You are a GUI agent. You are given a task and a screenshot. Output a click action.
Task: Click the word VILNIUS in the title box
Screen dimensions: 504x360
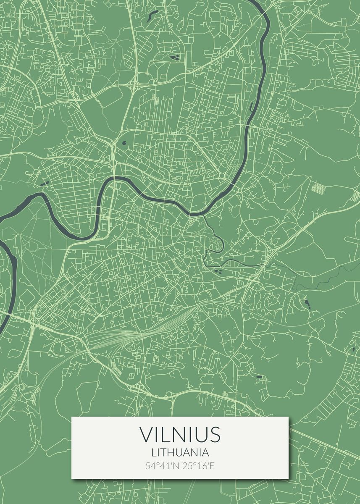pos(180,434)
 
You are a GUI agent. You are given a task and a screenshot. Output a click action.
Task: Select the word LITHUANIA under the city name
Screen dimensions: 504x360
pos(180,452)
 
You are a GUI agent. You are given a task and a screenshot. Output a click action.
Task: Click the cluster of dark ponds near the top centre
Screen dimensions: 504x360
pos(174,56)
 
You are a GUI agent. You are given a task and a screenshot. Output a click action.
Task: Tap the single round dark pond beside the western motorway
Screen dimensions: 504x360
pos(124,143)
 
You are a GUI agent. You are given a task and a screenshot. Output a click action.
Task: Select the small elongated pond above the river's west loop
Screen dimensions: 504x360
pos(44,183)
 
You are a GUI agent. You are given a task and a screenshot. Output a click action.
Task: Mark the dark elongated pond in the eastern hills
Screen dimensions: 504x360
pos(306,303)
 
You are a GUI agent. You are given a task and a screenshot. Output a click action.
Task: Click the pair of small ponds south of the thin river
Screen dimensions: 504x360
pos(218,271)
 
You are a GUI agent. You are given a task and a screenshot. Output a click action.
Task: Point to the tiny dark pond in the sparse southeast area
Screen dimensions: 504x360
pos(259,376)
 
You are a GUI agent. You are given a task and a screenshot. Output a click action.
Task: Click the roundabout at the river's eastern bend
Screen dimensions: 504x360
pos(222,176)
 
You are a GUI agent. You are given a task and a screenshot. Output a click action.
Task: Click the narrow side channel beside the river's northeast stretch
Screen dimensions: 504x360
pos(251,107)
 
